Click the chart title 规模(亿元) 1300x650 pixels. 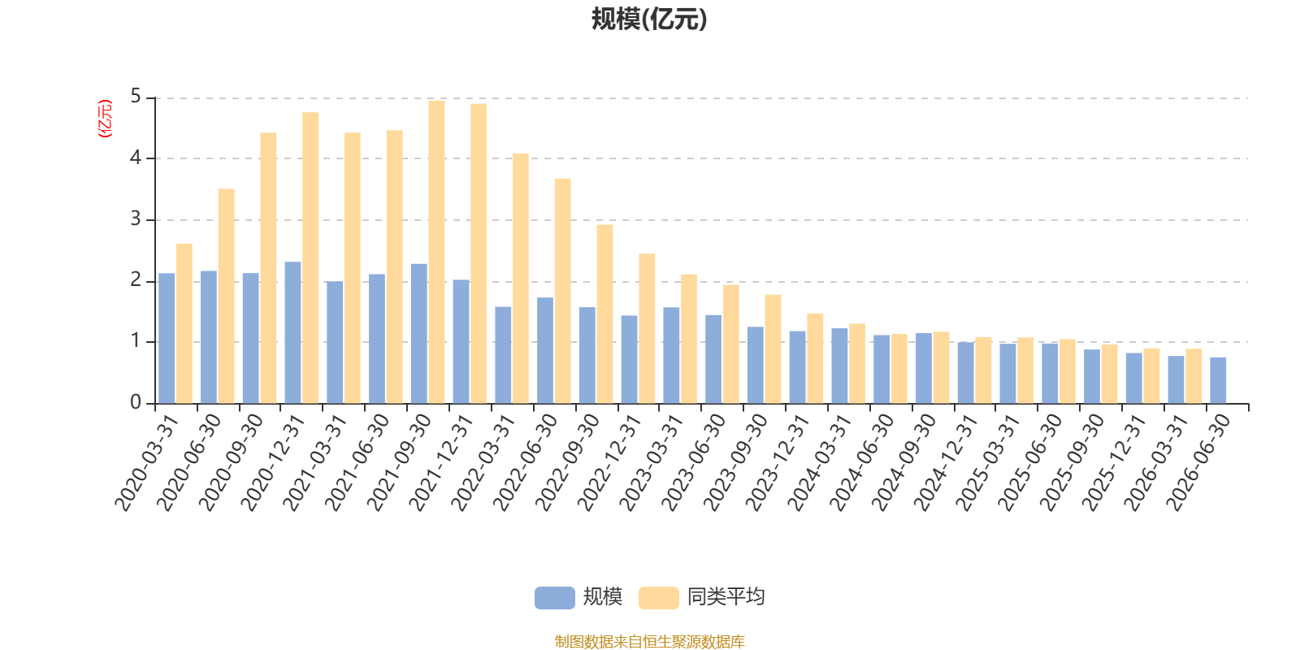649,19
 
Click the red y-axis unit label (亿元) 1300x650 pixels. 105,119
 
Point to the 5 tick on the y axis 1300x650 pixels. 136,97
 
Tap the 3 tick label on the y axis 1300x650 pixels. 136,219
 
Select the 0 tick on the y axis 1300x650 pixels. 136,402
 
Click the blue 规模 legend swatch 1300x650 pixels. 555,598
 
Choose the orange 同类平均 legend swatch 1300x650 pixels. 659,598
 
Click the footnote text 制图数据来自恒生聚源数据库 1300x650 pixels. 649,641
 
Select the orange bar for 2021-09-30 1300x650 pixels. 436,252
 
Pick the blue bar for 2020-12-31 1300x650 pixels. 293,332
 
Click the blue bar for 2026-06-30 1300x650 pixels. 1218,380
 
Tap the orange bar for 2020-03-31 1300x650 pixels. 184,323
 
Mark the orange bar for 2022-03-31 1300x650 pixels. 521,279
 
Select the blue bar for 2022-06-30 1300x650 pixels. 545,350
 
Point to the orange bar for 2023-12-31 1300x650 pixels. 815,358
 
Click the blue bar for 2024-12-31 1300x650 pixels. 966,373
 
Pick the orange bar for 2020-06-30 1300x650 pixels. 227,296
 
